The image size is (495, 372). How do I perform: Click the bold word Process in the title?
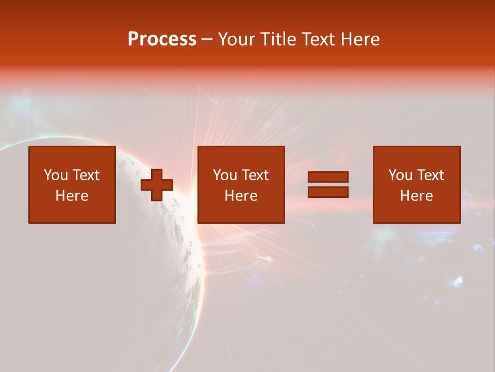coord(162,39)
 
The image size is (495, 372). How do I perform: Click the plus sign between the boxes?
coord(157,185)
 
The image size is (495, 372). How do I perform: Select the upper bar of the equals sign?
coord(328,177)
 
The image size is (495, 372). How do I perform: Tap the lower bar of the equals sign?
coord(328,192)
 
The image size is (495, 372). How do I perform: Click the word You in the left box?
coord(56,175)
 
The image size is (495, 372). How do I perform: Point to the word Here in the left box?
coord(72,196)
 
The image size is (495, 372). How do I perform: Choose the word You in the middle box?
coord(225,175)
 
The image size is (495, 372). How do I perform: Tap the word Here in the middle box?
coord(241,196)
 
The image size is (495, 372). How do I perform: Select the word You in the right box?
coord(400,175)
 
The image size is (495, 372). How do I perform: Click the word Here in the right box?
coord(416,196)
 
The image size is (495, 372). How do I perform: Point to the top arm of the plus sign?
coord(157,175)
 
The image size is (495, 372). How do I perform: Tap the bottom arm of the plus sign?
coord(157,196)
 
